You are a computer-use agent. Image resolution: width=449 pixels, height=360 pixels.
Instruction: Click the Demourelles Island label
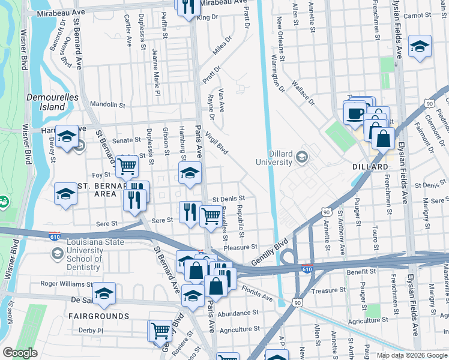(x=46, y=101)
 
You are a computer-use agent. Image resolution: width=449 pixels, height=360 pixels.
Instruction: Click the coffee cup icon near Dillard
(x=354, y=112)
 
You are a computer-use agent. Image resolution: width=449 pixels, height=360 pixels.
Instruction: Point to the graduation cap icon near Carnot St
(x=420, y=46)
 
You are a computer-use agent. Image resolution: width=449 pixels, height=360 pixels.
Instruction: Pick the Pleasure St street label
(x=240, y=247)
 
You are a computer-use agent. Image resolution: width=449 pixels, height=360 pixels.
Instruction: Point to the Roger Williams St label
(x=68, y=284)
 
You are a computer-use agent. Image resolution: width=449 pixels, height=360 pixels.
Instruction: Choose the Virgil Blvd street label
(x=217, y=143)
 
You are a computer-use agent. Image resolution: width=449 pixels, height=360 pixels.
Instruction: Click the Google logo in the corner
(x=20, y=353)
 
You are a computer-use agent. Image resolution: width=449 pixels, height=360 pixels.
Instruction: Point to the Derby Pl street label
(x=91, y=330)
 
